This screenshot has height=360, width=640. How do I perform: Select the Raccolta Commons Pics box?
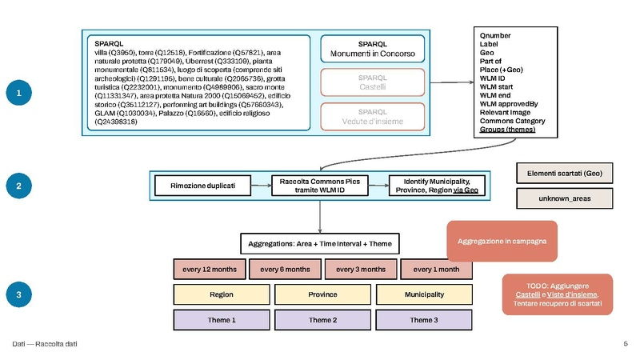[320, 185]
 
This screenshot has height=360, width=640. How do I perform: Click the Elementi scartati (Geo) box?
[565, 173]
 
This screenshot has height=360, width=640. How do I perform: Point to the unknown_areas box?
[565, 198]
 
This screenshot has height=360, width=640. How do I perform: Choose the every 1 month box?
[436, 269]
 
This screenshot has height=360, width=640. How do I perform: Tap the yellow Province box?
[322, 294]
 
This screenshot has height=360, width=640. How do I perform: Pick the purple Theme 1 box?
[221, 320]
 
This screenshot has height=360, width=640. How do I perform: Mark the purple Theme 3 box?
[423, 320]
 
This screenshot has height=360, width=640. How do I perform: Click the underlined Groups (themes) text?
[507, 130]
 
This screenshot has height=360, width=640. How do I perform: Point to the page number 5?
[625, 344]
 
